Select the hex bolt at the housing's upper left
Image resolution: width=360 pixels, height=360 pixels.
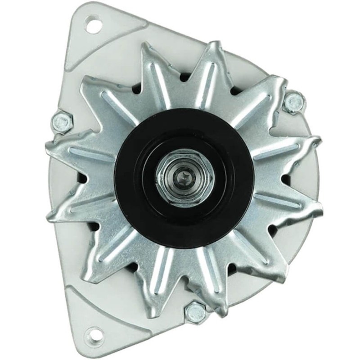click(61, 120)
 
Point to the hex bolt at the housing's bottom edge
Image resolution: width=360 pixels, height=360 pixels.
click(195, 311)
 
